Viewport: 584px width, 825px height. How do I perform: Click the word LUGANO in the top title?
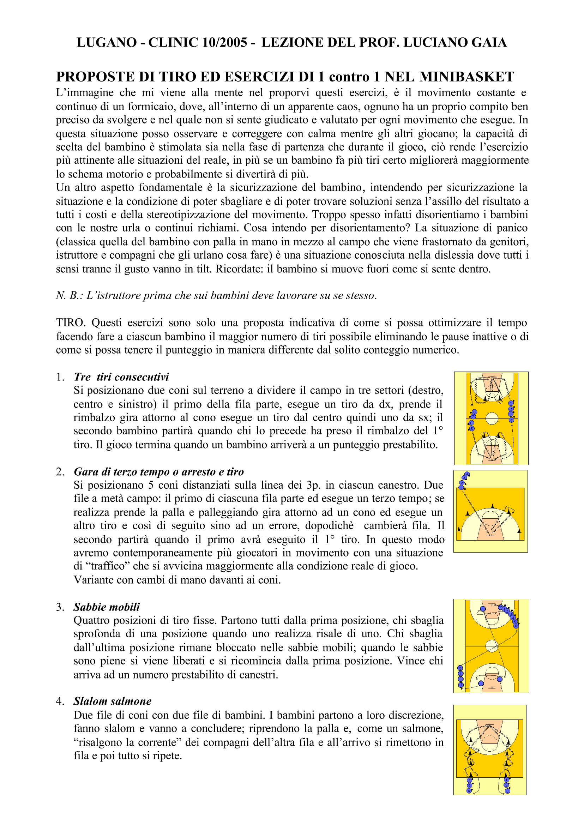pyautogui.click(x=107, y=42)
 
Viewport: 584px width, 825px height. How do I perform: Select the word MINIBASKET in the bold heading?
pyautogui.click(x=467, y=77)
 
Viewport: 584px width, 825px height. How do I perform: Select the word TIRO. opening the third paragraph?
pyautogui.click(x=71, y=323)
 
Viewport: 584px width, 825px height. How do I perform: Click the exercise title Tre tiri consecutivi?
pyautogui.click(x=121, y=377)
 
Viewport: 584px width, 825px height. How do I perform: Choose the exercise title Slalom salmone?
pyautogui.click(x=112, y=701)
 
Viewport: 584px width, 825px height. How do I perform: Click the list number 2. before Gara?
pyautogui.click(x=60, y=471)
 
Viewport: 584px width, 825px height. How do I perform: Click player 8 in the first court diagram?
pyautogui.click(x=474, y=412)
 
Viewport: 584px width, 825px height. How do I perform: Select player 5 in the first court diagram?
pyautogui.click(x=472, y=428)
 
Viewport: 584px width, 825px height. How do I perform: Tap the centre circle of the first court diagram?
pyautogui.click(x=492, y=418)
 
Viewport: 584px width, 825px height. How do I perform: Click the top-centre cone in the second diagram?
pyautogui.click(x=492, y=506)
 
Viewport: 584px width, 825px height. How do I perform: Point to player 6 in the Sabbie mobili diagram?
pyautogui.click(x=516, y=626)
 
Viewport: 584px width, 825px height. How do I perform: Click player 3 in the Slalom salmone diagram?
pyautogui.click(x=507, y=791)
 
